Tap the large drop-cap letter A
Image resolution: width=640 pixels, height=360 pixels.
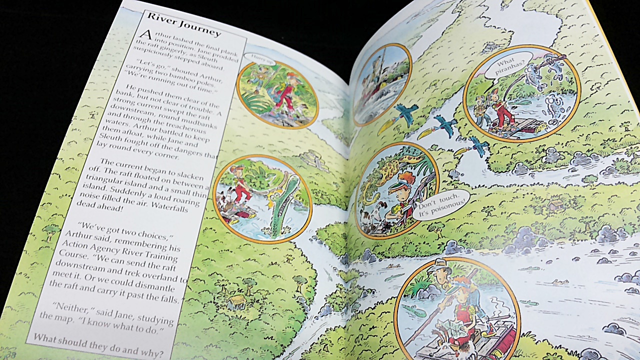(145, 34)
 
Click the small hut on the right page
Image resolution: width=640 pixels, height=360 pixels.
(555, 204)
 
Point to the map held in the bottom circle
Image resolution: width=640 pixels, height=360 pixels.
(455, 330)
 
